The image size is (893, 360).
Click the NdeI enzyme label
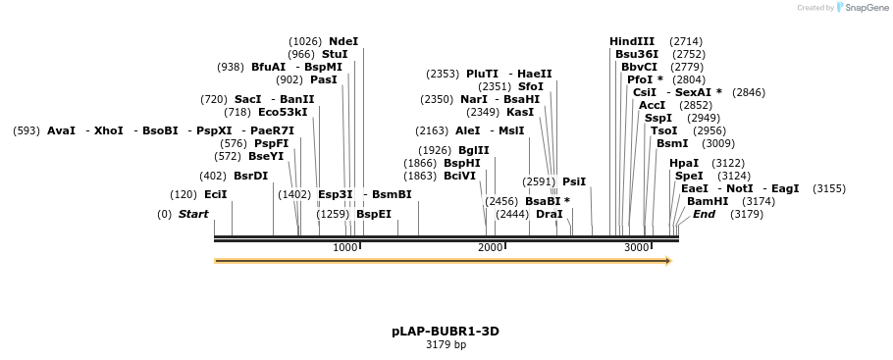(x=343, y=41)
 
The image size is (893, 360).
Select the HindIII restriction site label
(x=632, y=41)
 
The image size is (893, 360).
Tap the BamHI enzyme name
(x=708, y=201)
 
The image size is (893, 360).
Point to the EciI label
(x=215, y=194)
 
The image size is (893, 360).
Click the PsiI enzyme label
(x=574, y=181)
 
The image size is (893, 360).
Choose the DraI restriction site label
(x=550, y=214)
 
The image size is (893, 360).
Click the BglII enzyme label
(x=474, y=150)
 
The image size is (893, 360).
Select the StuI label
(x=335, y=54)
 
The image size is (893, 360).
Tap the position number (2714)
(x=686, y=41)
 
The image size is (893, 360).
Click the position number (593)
(x=26, y=130)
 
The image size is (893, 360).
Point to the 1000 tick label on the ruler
(x=344, y=248)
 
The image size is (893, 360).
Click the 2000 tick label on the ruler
(x=490, y=248)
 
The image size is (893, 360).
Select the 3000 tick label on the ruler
(x=636, y=248)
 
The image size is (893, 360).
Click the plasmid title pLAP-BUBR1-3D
(x=446, y=332)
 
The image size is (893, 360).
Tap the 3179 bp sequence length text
(x=446, y=345)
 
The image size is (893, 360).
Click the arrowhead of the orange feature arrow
(x=668, y=261)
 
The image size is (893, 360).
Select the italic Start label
(x=193, y=214)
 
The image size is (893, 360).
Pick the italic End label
(x=704, y=214)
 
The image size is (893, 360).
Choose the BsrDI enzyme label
(x=250, y=176)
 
